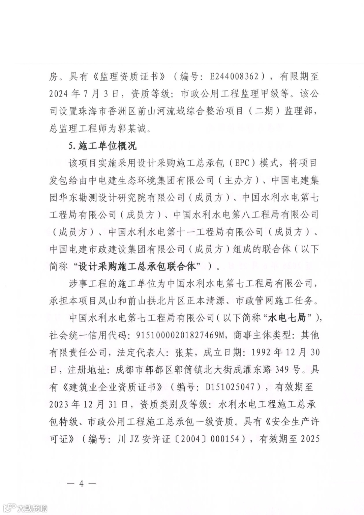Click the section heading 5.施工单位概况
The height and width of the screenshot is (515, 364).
[x=103, y=146]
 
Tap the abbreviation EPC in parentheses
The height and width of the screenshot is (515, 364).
[x=242, y=163]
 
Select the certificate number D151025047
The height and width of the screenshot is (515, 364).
[x=230, y=387]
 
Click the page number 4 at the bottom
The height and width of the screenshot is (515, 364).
[x=81, y=483]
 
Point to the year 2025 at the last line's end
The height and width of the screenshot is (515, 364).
[x=309, y=439]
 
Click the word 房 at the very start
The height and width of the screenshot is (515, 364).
[x=54, y=77]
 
